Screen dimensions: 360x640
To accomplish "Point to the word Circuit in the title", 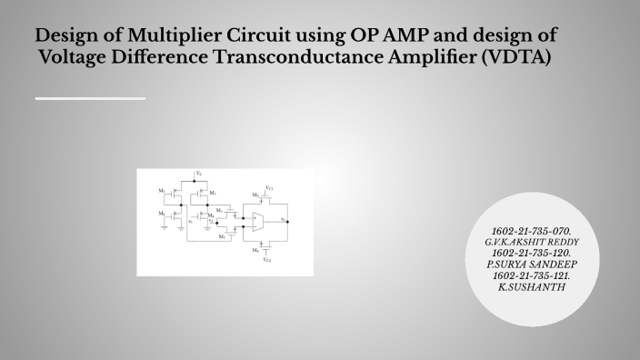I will [255, 37].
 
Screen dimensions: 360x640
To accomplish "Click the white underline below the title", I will [90, 97].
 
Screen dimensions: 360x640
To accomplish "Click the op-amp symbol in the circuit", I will [258, 222].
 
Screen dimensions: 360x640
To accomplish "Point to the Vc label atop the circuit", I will [199, 173].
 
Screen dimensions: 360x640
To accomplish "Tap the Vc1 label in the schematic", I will [269, 187].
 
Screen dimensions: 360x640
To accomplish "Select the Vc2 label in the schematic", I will [267, 259].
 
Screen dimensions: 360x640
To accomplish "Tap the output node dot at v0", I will [287, 222].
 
